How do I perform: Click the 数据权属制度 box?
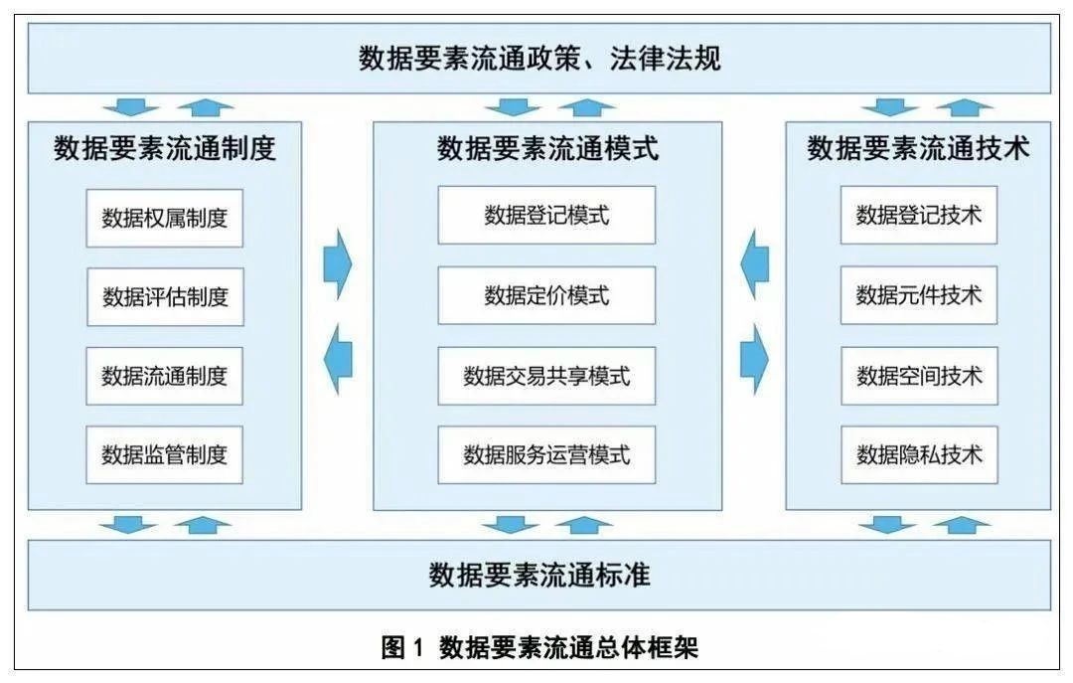[x=164, y=218]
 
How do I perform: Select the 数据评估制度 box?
[x=165, y=296]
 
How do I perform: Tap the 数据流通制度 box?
[x=164, y=376]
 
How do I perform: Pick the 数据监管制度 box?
[x=164, y=454]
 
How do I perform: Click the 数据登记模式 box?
[x=546, y=215]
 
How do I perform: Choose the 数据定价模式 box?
[x=546, y=295]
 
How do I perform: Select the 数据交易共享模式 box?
[x=546, y=376]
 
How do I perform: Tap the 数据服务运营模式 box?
[x=546, y=454]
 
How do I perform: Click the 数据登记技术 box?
[x=918, y=215]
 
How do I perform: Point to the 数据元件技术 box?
[x=918, y=295]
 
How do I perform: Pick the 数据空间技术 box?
[x=919, y=376]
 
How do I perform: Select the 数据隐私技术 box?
[x=919, y=454]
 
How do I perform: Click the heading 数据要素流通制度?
[x=165, y=148]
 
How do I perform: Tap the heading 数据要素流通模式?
[x=547, y=148]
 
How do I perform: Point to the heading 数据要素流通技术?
[x=918, y=148]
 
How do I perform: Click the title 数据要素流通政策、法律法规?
[x=539, y=59]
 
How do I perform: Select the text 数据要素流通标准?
[x=539, y=575]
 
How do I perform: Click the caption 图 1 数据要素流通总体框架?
[x=539, y=646]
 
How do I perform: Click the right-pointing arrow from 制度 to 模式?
[x=338, y=264]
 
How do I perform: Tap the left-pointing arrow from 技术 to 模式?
[x=755, y=264]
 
